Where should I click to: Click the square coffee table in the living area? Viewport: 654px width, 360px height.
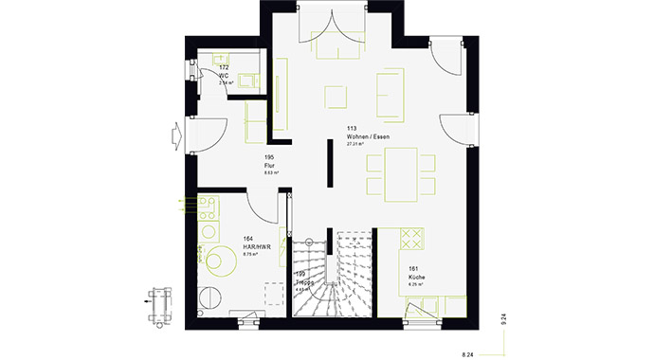(x=336, y=97)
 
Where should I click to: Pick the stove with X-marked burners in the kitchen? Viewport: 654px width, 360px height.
(x=410, y=236)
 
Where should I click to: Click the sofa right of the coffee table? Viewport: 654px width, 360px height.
(x=389, y=95)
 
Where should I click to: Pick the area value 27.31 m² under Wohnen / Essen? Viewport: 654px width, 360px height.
(x=355, y=144)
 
